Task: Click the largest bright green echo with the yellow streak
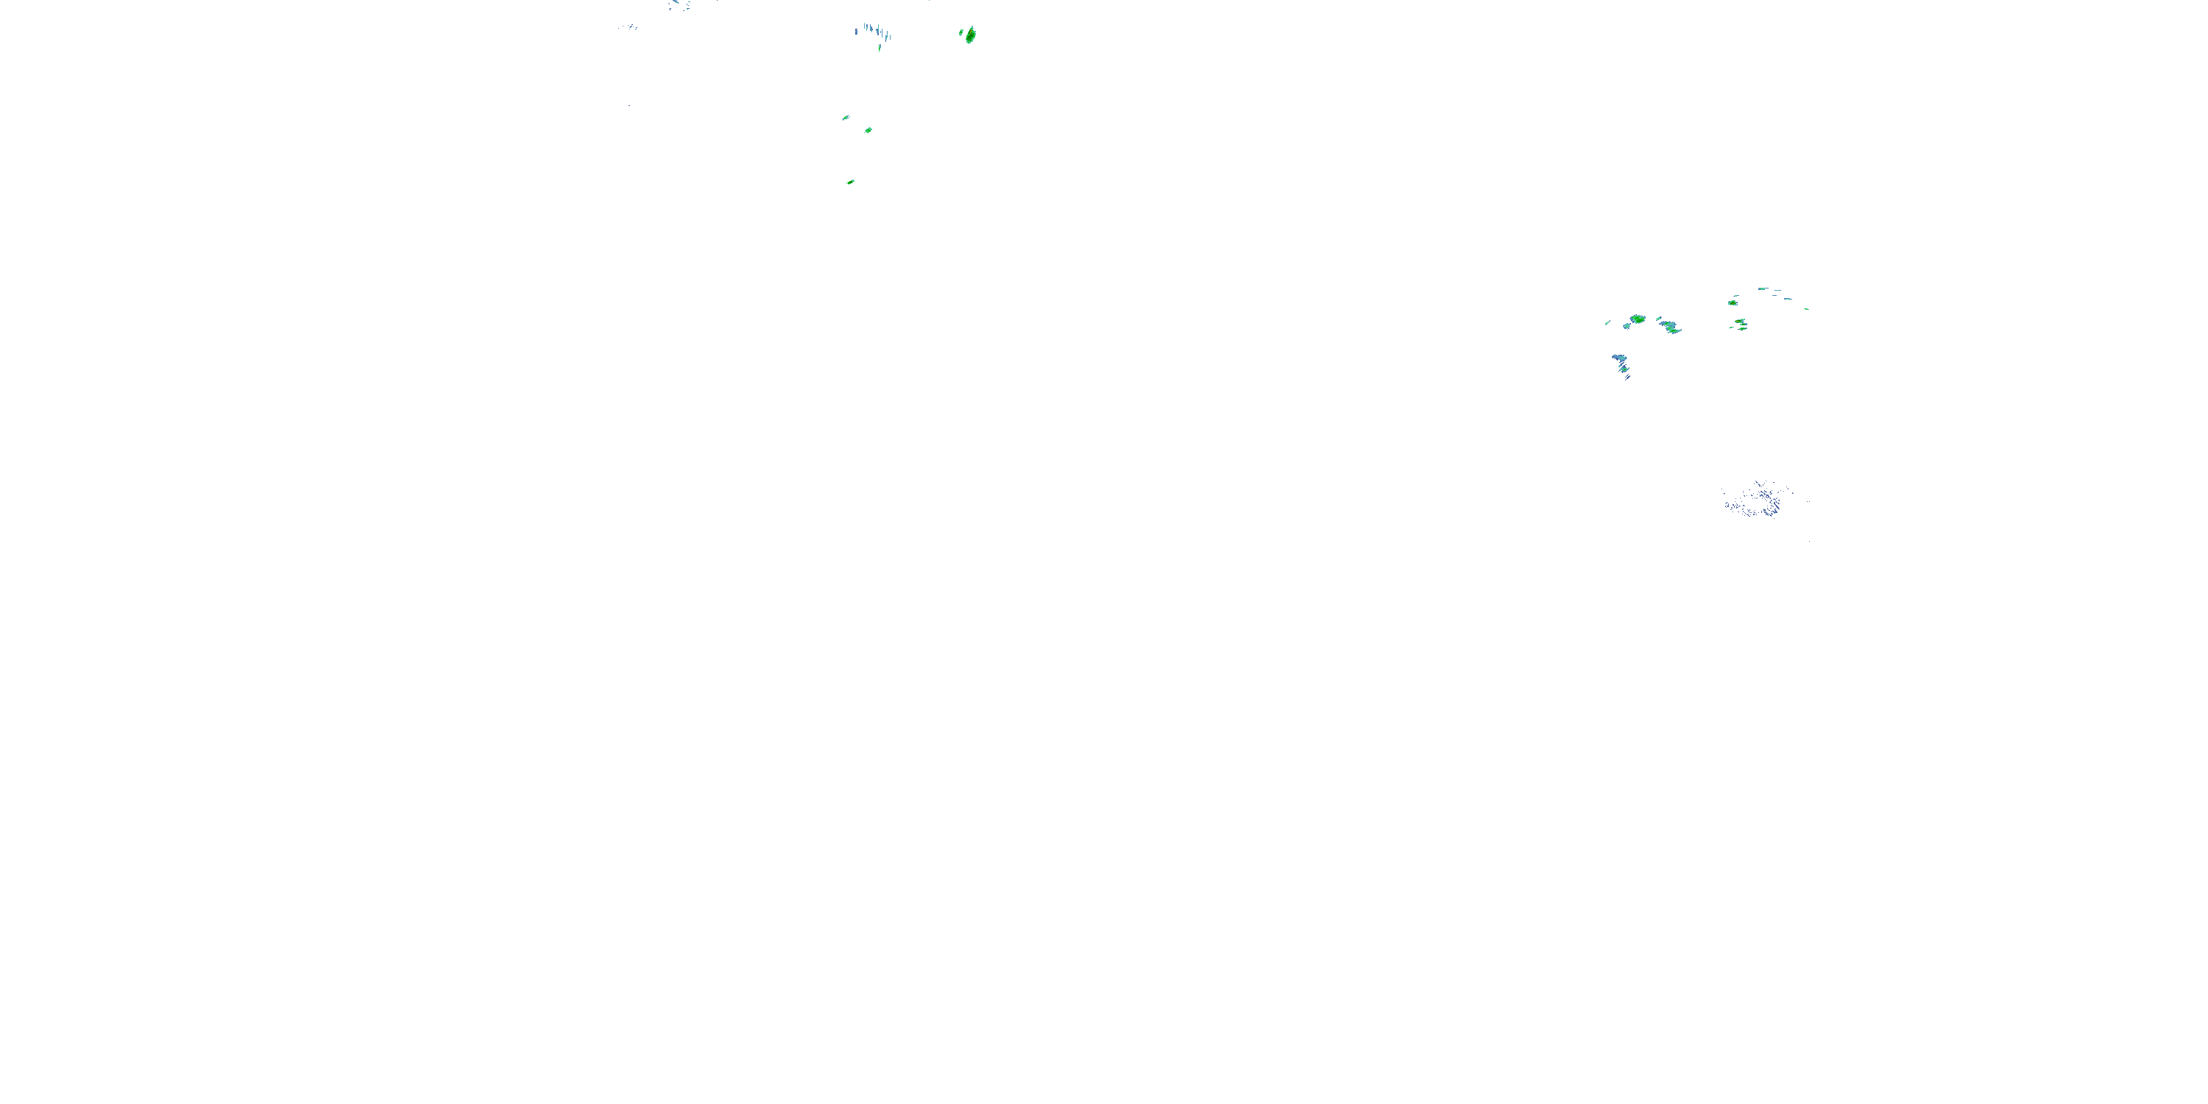970,35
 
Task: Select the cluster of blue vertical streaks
875,32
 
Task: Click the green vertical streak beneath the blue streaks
880,48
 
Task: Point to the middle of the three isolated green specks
868,130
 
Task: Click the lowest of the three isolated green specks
850,182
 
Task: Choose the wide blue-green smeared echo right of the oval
1670,326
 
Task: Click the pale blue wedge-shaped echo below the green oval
1618,358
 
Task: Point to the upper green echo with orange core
1733,302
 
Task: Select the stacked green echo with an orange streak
1741,323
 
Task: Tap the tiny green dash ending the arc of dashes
1806,308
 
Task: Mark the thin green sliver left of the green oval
1607,323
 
